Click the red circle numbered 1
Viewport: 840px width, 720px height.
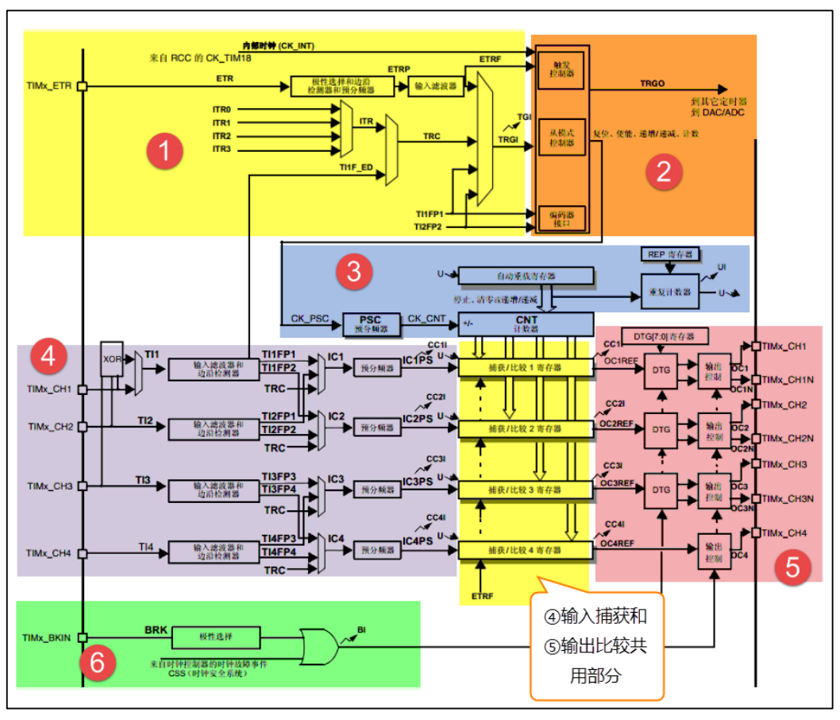165,151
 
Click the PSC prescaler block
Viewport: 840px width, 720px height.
370,323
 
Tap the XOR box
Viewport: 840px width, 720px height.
112,358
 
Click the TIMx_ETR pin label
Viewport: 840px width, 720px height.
49,85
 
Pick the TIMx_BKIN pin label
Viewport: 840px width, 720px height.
48,637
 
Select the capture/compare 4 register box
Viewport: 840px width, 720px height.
526,550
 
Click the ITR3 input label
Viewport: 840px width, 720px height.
222,149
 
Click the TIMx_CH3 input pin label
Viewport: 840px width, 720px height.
49,486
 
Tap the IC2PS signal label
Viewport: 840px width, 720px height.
417,419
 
